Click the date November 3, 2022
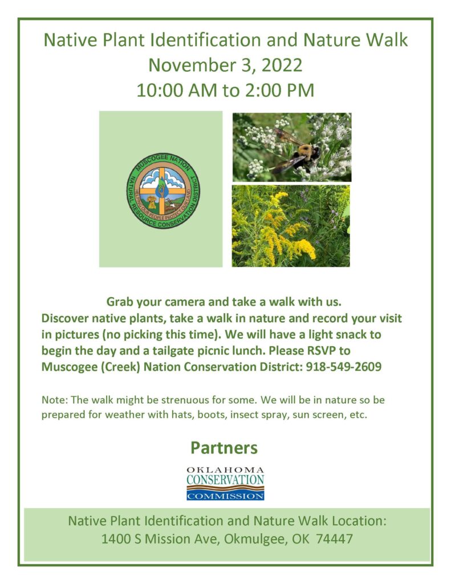coord(225,65)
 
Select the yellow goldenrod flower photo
coord(291,226)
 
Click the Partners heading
coord(224,448)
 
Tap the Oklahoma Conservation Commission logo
coord(225,483)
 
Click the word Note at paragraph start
coord(52,400)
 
